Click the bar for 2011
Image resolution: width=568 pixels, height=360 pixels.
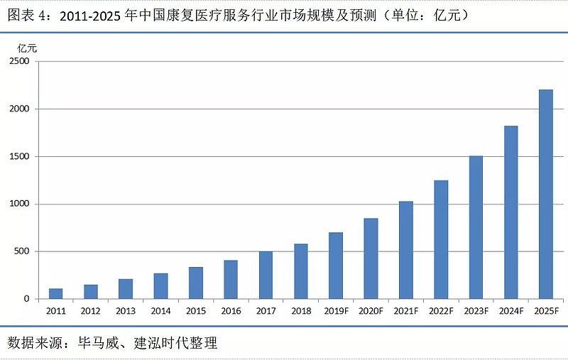pyautogui.click(x=55, y=293)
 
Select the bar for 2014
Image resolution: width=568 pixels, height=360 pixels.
pyautogui.click(x=160, y=285)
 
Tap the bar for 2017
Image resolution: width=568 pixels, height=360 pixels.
pyautogui.click(x=266, y=275)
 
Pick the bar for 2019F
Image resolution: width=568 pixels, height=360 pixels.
pyautogui.click(x=336, y=266)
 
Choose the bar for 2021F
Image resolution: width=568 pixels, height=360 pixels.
pyautogui.click(x=405, y=250)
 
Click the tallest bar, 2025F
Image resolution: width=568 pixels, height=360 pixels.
pyautogui.click(x=546, y=194)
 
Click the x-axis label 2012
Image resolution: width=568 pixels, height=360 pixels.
pyautogui.click(x=90, y=311)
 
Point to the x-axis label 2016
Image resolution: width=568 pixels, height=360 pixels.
pyautogui.click(x=231, y=311)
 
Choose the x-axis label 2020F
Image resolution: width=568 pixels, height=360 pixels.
pyautogui.click(x=371, y=311)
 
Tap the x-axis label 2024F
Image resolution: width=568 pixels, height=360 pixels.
pyautogui.click(x=510, y=311)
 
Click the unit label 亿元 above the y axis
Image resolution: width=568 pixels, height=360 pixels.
pyautogui.click(x=27, y=48)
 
